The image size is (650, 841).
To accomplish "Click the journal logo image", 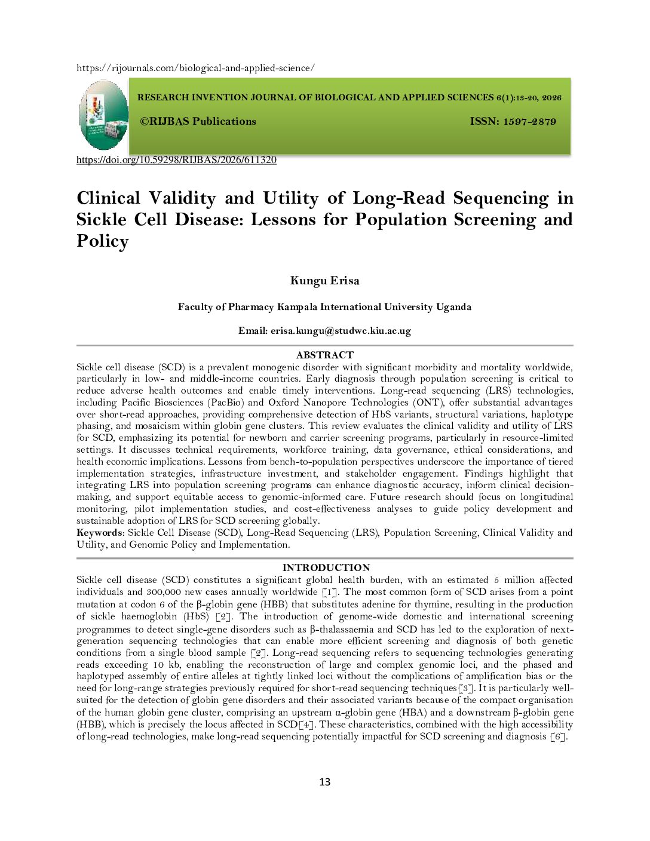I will [x=103, y=115].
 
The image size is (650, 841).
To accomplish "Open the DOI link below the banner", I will [x=176, y=160].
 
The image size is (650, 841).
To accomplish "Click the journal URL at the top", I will [x=195, y=68].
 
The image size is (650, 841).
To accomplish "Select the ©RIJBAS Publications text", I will [x=198, y=121].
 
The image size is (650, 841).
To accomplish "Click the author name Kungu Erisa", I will [x=324, y=281].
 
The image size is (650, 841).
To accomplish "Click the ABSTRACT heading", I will [x=324, y=355].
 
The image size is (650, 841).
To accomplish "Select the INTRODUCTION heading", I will [x=326, y=567].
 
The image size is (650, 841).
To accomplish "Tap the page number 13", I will [x=324, y=782].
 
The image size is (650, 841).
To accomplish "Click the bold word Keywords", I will [x=99, y=533].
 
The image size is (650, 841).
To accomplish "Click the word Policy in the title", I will [x=103, y=241].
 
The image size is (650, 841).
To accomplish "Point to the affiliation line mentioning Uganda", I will [x=324, y=307].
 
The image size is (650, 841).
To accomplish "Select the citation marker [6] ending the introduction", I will [x=558, y=736].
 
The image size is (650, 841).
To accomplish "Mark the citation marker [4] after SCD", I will [x=306, y=725].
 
